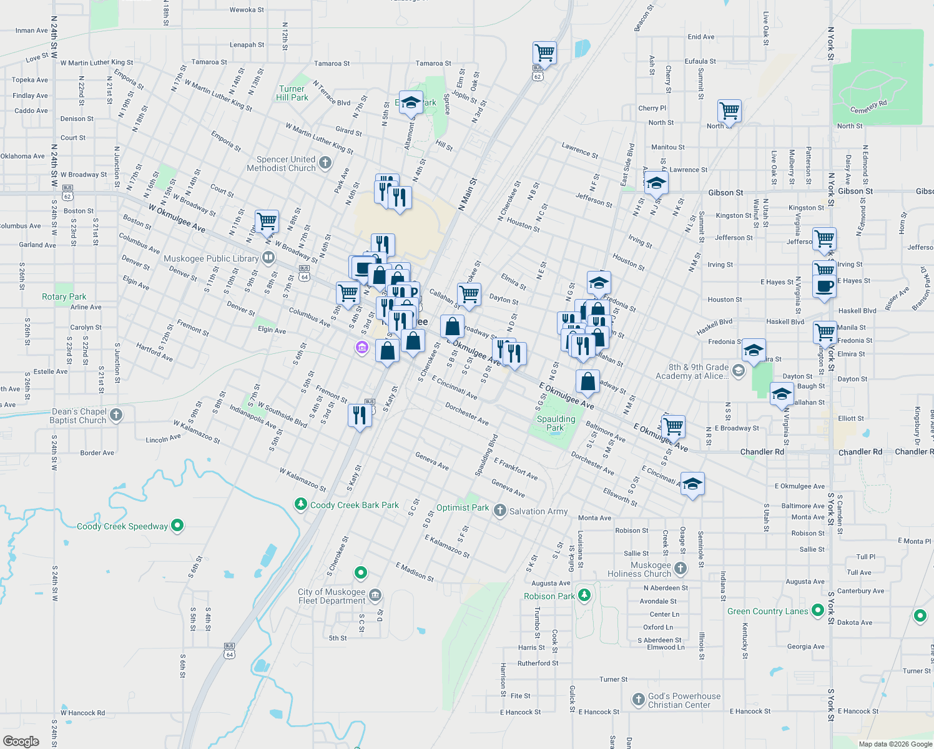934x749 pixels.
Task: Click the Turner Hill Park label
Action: click(292, 93)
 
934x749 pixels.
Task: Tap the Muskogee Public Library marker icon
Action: click(268, 257)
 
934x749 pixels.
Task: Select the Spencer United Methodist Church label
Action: click(281, 164)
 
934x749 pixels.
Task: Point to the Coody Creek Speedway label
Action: click(122, 526)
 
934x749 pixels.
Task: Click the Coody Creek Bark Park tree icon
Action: click(301, 504)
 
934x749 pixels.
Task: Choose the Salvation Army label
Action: click(539, 511)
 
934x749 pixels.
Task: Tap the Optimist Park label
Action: click(463, 507)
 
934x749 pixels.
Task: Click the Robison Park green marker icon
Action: click(584, 595)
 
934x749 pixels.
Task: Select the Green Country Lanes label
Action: click(768, 611)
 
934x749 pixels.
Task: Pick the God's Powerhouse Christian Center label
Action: click(684, 700)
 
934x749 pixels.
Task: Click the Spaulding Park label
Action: click(556, 423)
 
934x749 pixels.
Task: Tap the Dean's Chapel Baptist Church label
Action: click(79, 416)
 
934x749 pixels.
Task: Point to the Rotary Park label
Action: click(64, 296)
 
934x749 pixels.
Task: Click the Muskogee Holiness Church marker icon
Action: click(681, 568)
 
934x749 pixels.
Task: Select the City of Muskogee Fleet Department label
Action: click(332, 596)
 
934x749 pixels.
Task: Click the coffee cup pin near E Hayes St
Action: click(824, 286)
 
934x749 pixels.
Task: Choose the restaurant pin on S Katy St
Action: click(360, 414)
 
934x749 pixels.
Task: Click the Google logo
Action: click(21, 741)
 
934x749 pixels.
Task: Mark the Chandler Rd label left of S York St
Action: click(762, 452)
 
